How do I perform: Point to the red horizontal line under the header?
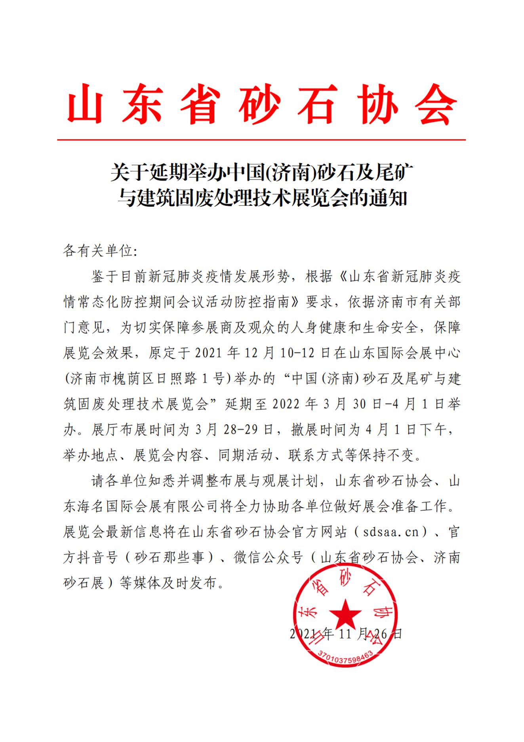pos(261,140)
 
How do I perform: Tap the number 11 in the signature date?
pos(345,633)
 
